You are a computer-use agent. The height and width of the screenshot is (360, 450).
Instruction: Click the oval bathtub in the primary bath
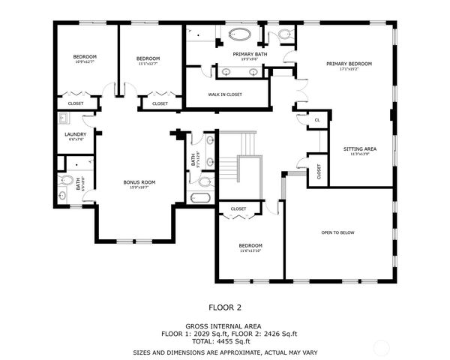point(241,34)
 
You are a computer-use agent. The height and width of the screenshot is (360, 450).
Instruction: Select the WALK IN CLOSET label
point(224,94)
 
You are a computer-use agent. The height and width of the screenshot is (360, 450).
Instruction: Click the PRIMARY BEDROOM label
point(349,64)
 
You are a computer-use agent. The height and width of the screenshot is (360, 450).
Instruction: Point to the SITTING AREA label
point(360,148)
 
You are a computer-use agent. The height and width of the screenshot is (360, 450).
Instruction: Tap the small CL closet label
point(317,120)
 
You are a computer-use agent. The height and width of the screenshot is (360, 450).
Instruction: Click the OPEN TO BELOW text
point(337,232)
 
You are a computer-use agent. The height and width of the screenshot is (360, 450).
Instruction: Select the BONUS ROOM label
point(139,182)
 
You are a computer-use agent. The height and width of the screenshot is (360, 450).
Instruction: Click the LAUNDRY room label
point(76,134)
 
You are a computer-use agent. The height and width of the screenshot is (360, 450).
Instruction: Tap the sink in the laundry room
point(63,118)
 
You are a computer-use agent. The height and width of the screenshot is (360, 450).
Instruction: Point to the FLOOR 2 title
point(224,307)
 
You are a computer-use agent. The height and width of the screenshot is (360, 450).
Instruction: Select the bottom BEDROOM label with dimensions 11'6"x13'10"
point(250,246)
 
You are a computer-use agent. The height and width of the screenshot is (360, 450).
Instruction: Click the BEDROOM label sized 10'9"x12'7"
point(85,57)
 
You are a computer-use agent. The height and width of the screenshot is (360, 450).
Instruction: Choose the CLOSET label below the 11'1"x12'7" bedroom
point(160,103)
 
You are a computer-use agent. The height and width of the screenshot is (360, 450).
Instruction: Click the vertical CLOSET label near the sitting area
point(319,172)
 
